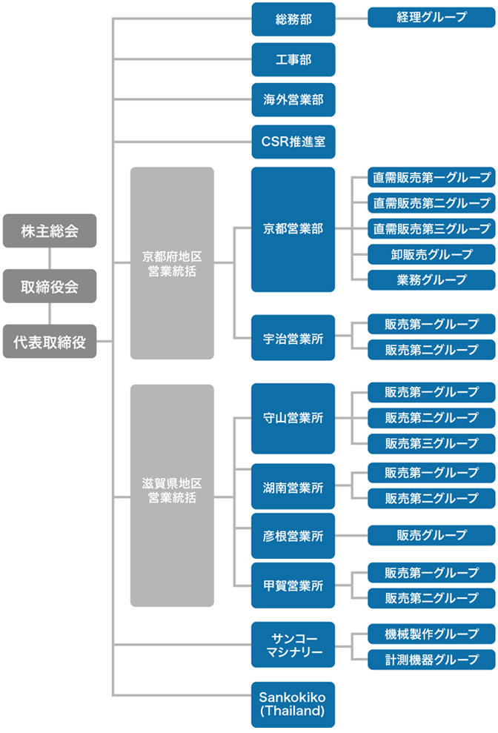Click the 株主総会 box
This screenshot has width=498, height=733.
50,230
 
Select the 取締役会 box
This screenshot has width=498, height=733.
50,286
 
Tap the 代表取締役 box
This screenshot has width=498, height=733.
50,342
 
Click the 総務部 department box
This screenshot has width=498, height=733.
293,19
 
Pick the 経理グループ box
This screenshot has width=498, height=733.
431,17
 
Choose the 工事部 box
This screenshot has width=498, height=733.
293,59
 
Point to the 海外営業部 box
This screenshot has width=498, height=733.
293,100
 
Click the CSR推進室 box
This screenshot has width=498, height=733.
293,141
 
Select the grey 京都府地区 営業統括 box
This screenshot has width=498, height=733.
172,263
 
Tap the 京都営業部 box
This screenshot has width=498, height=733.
293,229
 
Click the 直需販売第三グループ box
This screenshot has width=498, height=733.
431,228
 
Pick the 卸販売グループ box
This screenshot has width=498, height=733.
431,254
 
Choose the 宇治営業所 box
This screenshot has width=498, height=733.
293,337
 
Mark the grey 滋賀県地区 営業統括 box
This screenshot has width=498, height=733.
172,495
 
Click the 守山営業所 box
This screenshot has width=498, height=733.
293,418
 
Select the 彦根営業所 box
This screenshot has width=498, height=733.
293,535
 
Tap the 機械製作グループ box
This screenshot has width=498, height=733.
431,634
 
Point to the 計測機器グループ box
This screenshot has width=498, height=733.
431,660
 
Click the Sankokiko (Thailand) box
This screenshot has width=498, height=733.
293,704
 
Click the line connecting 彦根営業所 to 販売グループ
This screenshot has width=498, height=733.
351,535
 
